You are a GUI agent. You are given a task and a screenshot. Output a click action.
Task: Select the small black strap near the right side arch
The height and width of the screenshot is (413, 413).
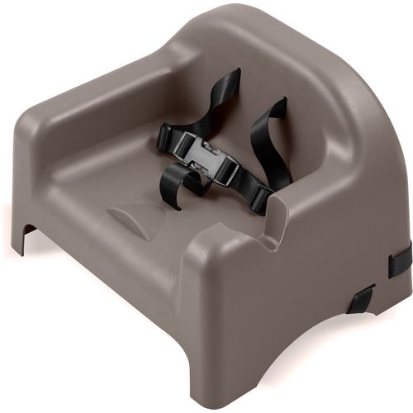361,299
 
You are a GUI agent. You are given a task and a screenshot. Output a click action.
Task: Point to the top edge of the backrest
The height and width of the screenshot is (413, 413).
240,25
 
